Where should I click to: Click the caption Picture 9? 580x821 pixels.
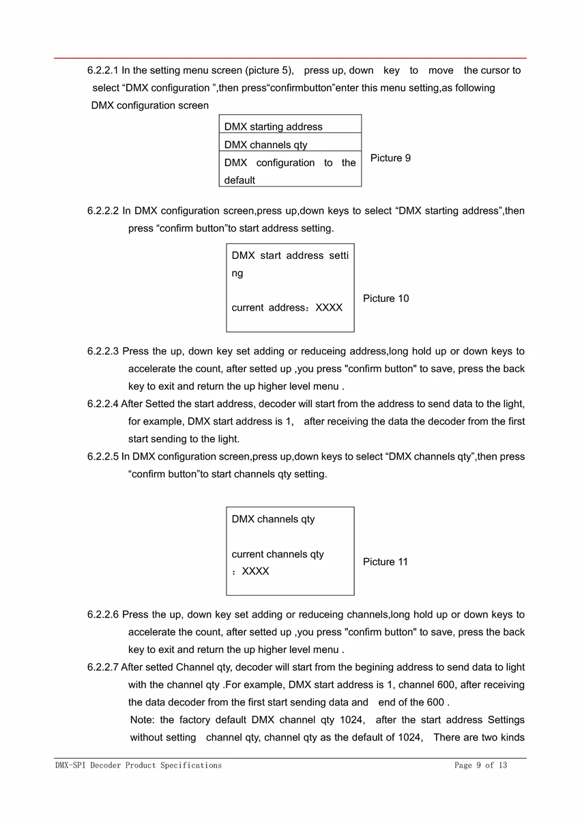[390, 158]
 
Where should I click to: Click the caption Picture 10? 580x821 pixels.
[386, 298]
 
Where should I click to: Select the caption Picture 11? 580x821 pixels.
[385, 562]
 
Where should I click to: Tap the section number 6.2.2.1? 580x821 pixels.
[103, 70]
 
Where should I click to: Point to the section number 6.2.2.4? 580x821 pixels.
[102, 404]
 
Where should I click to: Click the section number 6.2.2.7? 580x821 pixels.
[102, 667]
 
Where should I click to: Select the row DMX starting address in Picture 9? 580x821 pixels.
[273, 127]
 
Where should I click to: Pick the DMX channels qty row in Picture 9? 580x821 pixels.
[265, 145]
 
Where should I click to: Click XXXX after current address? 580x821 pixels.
[329, 308]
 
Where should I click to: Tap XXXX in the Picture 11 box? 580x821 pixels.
[255, 572]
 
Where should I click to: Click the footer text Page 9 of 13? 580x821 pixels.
[480, 766]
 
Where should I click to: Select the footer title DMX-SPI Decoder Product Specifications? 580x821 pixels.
[139, 766]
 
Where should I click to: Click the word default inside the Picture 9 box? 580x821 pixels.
[240, 180]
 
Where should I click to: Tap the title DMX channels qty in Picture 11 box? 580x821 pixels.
[273, 519]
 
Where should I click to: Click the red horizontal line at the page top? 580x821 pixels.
[290, 59]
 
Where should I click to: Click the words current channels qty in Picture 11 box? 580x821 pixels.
[278, 555]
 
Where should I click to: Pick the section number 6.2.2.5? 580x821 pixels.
[102, 456]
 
